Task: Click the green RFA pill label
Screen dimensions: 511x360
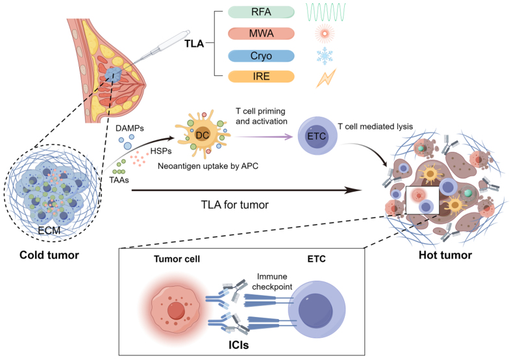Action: pyautogui.click(x=261, y=12)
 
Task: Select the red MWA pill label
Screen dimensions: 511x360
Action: pyautogui.click(x=261, y=34)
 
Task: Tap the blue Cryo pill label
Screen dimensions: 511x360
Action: pyautogui.click(x=261, y=56)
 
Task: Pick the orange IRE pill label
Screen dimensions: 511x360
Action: pyautogui.click(x=261, y=76)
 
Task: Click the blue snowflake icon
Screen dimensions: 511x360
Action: pyautogui.click(x=325, y=55)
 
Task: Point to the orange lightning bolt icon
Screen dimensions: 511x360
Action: pyautogui.click(x=326, y=78)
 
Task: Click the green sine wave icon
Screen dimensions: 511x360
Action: pyautogui.click(x=325, y=12)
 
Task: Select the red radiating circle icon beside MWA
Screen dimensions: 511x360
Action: pyautogui.click(x=325, y=34)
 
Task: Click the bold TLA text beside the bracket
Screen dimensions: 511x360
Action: pyautogui.click(x=194, y=44)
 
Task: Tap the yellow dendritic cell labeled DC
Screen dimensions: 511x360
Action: pyautogui.click(x=202, y=135)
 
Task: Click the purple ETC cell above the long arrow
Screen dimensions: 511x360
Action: pyautogui.click(x=317, y=136)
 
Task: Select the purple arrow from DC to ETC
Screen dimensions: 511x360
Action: pyautogui.click(x=263, y=136)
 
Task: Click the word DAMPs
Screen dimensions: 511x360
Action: pyautogui.click(x=130, y=128)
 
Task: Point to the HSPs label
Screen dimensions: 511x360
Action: pyautogui.click(x=161, y=151)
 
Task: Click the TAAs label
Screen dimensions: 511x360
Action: pyautogui.click(x=119, y=180)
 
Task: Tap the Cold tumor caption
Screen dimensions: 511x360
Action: pyautogui.click(x=49, y=255)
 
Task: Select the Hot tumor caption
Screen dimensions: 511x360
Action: pyautogui.click(x=445, y=255)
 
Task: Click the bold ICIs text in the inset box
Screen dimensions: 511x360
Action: pyautogui.click(x=238, y=345)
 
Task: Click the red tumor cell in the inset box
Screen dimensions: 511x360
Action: pyautogui.click(x=176, y=310)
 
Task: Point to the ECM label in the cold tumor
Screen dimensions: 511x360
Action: pyautogui.click(x=49, y=231)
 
